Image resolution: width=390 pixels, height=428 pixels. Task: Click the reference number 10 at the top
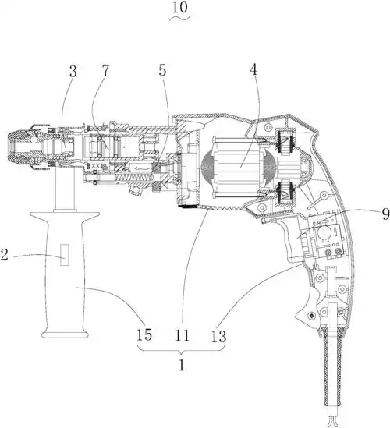[x=180, y=7]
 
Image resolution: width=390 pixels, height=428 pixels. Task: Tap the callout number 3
[x=73, y=72]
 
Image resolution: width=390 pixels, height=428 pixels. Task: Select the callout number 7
[x=105, y=71]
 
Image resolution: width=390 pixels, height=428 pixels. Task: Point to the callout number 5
[x=162, y=71]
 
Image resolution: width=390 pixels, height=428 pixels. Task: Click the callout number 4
[x=253, y=70]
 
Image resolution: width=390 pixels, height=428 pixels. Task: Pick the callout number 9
[x=385, y=214]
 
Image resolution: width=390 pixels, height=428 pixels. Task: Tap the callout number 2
[x=4, y=255]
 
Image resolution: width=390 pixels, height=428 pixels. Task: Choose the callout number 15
[x=144, y=334]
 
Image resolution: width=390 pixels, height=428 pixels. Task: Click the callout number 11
[x=183, y=335]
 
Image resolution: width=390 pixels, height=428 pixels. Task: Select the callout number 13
[x=218, y=336]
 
